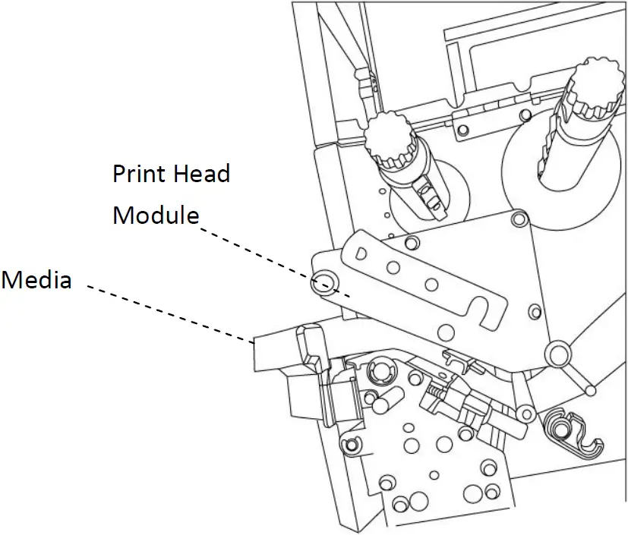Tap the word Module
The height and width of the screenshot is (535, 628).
(156, 216)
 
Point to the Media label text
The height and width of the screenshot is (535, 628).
(36, 280)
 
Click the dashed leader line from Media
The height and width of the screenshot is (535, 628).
(167, 313)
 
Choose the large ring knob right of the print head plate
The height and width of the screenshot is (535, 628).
(557, 354)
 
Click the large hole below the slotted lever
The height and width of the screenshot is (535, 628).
(446, 331)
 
